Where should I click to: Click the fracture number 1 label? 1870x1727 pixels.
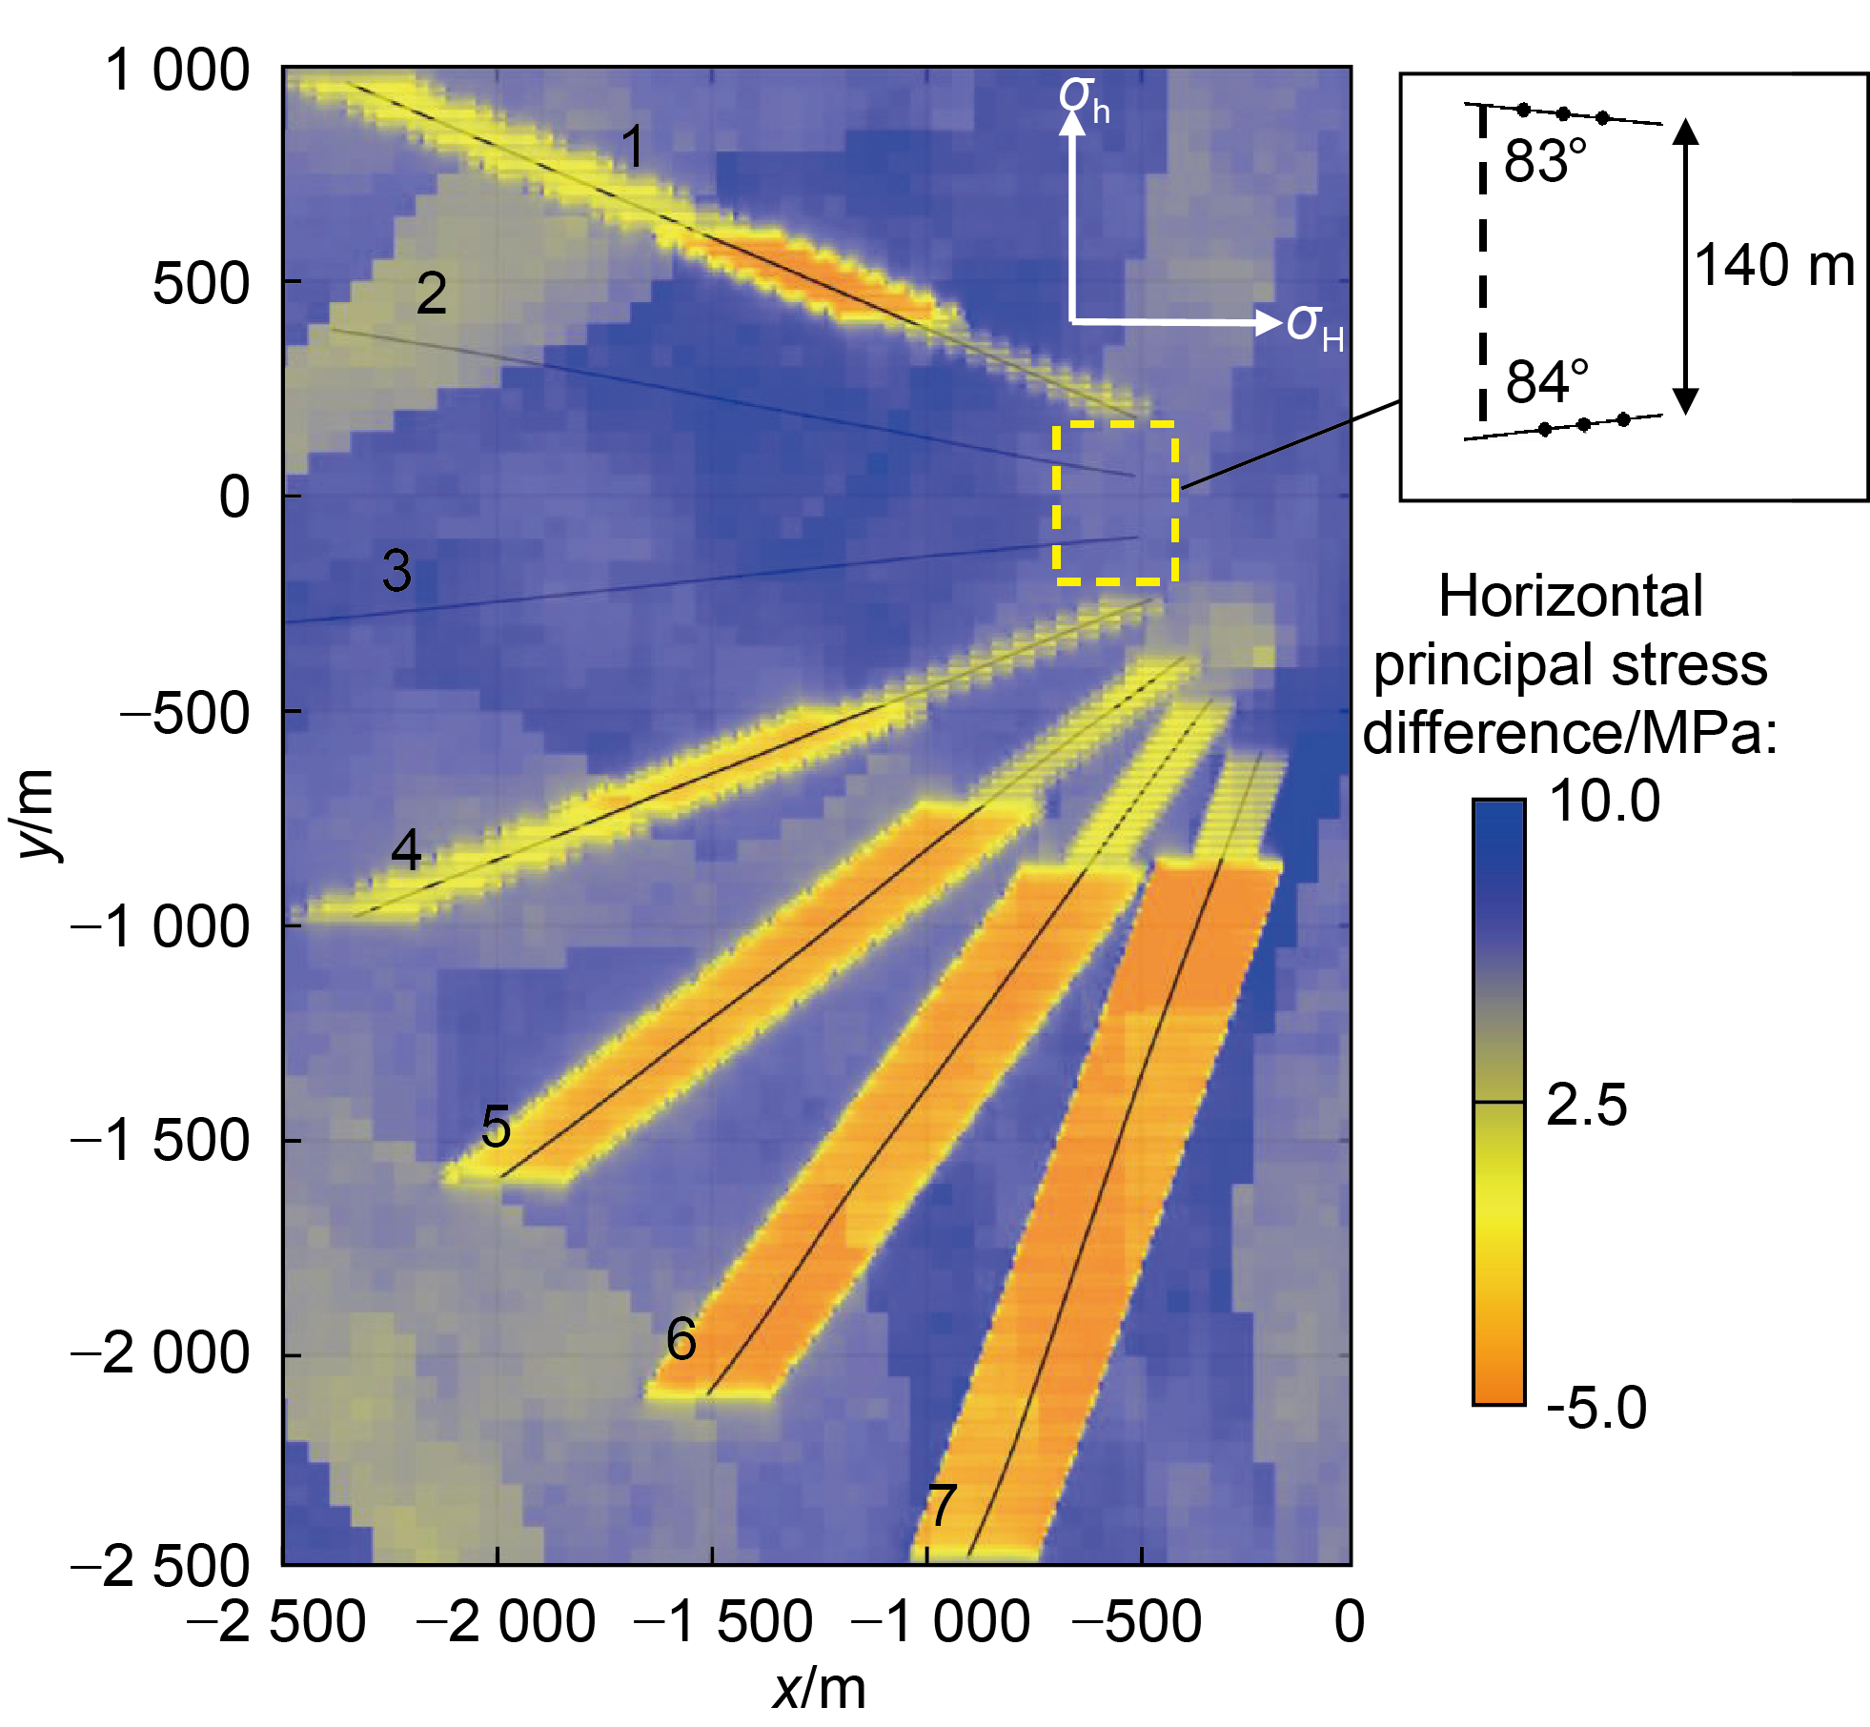[x=633, y=148]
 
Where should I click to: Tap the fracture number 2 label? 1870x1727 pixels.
[x=432, y=294]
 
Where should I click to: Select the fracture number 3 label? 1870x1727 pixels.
[x=397, y=570]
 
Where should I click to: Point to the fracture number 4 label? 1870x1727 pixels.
[x=407, y=849]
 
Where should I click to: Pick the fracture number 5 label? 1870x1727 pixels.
[x=496, y=1127]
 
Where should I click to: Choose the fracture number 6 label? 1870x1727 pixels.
[x=681, y=1339]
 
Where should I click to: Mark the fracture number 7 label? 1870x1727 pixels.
[x=942, y=1506]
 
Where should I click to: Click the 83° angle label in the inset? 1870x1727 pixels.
[x=1545, y=161]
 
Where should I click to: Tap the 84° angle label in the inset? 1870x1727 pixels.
[x=1547, y=381]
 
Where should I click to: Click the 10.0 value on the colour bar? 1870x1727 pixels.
[x=1604, y=801]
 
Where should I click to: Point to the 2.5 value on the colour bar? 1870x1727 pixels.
[x=1587, y=1105]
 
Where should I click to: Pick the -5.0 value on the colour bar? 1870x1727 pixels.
[x=1596, y=1407]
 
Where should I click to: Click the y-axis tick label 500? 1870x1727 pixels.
[x=201, y=283]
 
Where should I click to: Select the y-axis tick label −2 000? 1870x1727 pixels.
[x=160, y=1353]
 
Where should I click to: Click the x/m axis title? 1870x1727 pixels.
[x=819, y=1690]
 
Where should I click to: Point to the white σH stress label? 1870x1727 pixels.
[x=1314, y=327]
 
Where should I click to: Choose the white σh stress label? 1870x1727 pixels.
[x=1084, y=99]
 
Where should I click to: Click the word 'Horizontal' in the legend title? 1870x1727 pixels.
[x=1570, y=597]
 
